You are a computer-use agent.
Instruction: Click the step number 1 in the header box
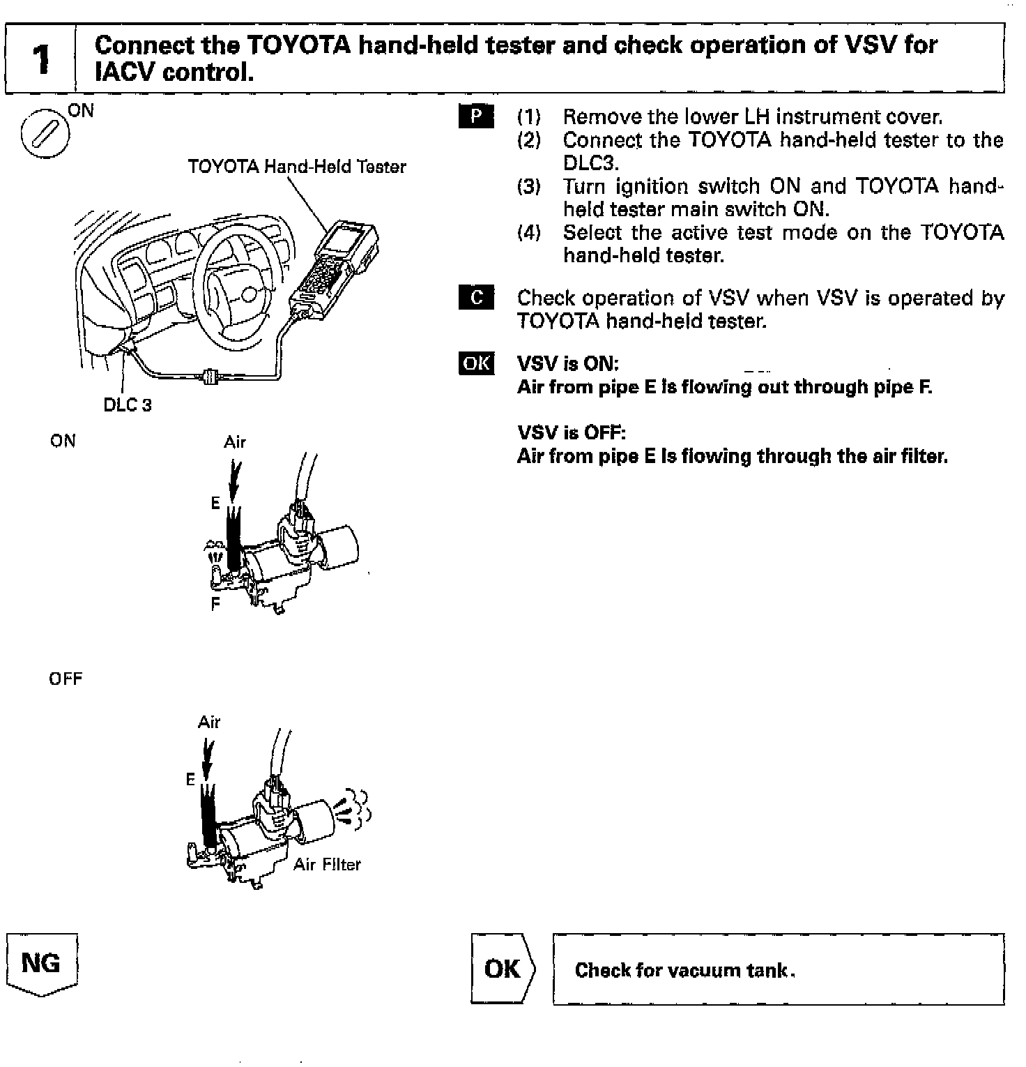41,59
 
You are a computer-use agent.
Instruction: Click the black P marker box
477,116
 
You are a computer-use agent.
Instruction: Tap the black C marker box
477,298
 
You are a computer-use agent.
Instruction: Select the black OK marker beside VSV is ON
477,364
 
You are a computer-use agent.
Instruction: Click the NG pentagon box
41,964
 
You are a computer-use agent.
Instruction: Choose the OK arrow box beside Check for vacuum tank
503,969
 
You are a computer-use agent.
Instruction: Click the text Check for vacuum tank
685,970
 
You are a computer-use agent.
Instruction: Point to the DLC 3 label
128,405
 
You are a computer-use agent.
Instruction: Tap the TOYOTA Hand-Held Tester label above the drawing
297,167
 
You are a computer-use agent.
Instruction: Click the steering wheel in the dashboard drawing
237,286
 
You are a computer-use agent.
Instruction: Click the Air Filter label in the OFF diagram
327,865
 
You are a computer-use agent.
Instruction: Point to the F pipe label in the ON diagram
215,604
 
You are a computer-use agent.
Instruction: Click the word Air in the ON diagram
235,442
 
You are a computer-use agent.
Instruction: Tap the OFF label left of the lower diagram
66,679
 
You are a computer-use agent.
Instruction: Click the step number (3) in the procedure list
529,186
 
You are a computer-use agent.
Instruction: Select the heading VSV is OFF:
572,433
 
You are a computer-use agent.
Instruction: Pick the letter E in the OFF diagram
190,780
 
